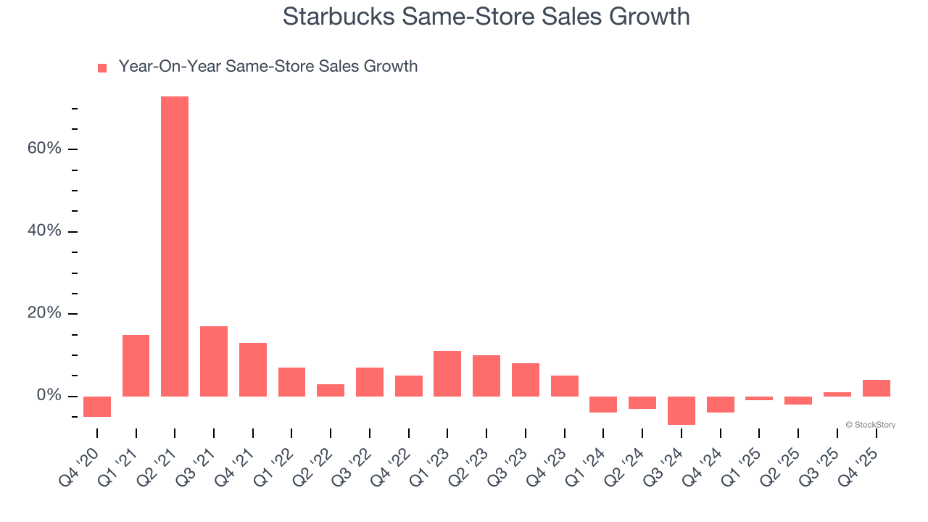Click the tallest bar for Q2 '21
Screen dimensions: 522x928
point(175,246)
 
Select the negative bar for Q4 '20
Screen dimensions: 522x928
point(97,407)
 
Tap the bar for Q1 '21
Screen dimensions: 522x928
point(136,365)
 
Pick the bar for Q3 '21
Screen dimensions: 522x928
point(214,361)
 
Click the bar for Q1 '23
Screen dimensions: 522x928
point(447,373)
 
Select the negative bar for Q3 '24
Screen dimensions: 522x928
point(681,410)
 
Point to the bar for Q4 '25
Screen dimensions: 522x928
point(876,388)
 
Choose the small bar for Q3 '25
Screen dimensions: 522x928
point(837,394)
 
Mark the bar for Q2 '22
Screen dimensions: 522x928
point(331,390)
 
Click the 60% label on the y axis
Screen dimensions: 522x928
point(44,149)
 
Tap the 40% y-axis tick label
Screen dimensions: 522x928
point(44,231)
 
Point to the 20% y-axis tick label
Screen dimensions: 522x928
point(44,314)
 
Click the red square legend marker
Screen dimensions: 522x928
point(102,67)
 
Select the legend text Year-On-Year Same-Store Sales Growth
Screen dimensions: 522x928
point(268,67)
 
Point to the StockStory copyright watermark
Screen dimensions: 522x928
point(870,425)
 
